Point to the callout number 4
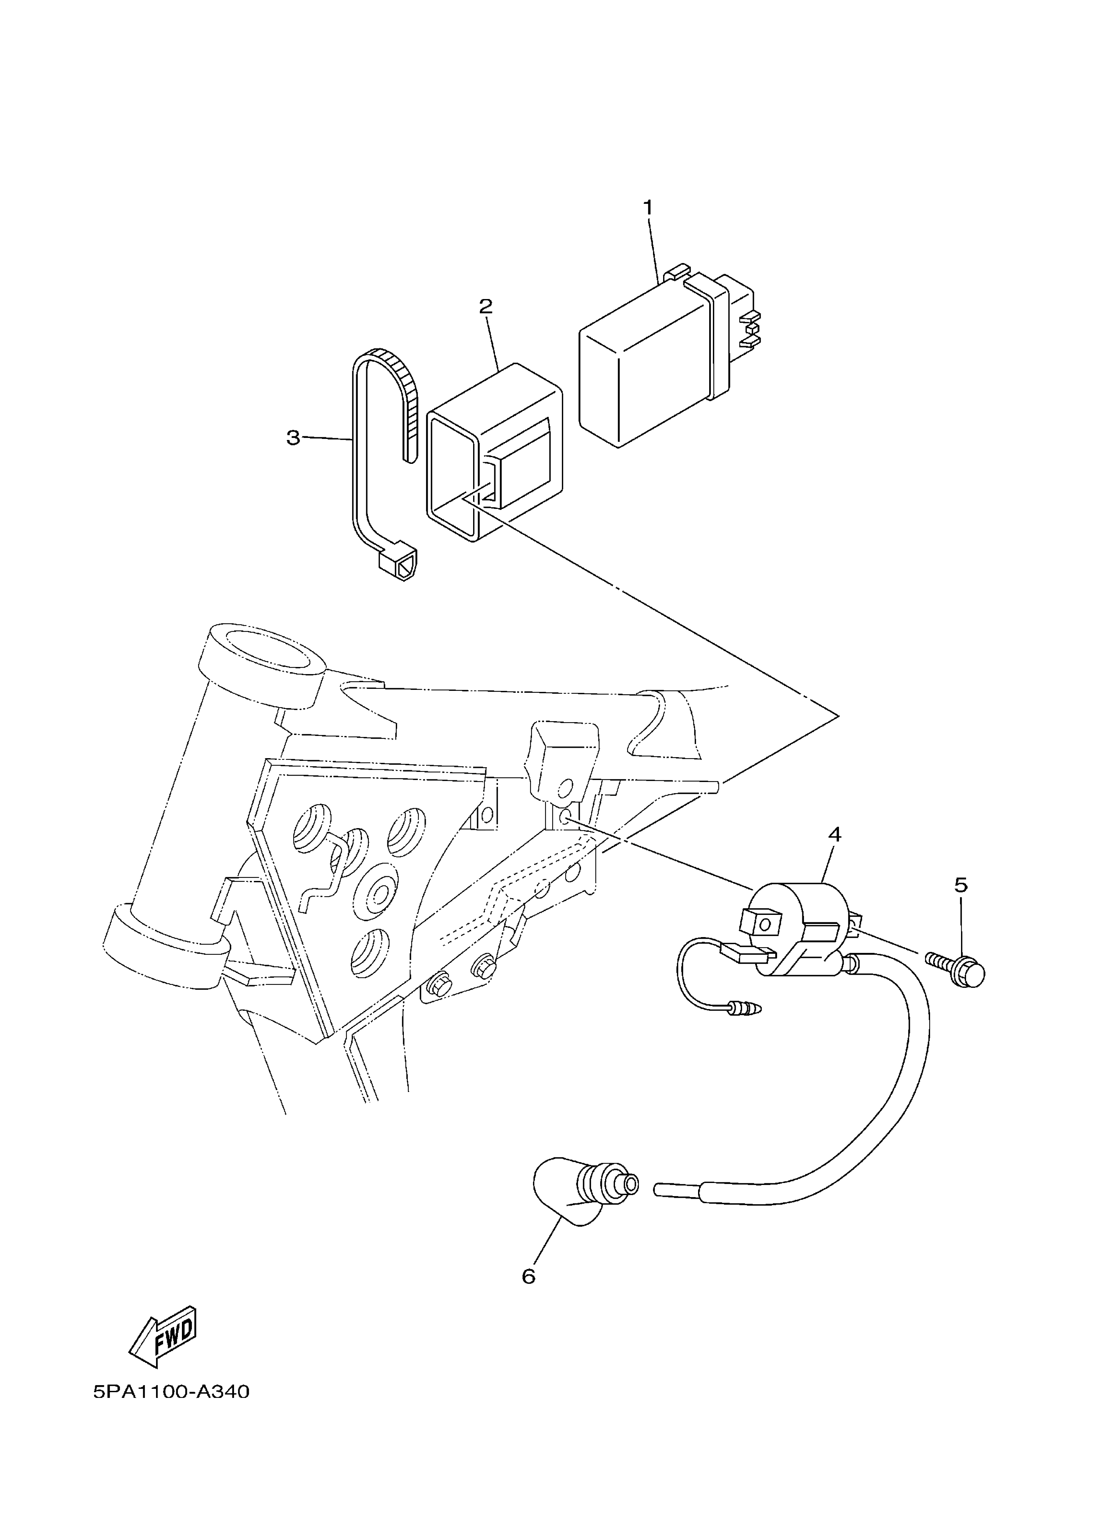point(835,835)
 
